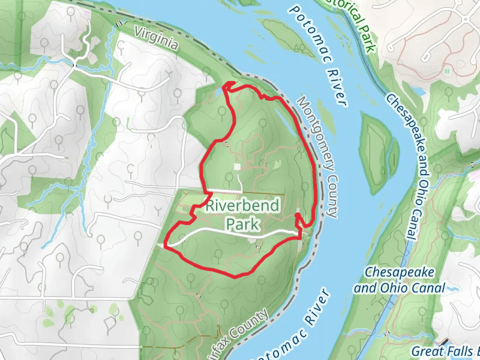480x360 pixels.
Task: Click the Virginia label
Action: pyautogui.click(x=157, y=37)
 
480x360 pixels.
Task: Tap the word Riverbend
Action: pyautogui.click(x=242, y=206)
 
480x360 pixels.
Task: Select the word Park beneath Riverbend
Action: pyautogui.click(x=242, y=224)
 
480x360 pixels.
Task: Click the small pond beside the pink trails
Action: pyautogui.click(x=278, y=163)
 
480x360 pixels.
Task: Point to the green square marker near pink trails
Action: pyautogui.click(x=447, y=71)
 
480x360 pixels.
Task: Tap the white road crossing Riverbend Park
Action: pyautogui.click(x=234, y=230)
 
